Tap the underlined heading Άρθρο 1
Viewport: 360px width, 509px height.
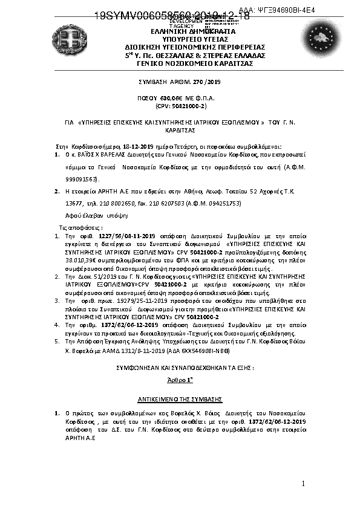[179, 378]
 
